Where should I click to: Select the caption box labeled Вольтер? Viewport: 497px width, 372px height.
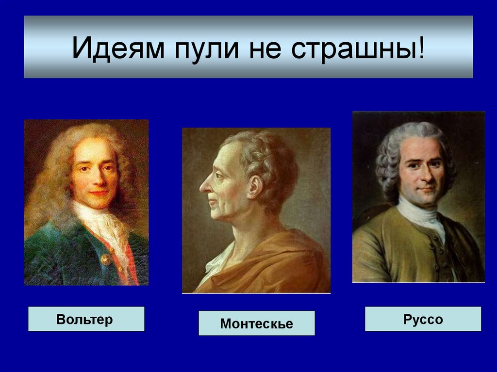(x=86, y=319)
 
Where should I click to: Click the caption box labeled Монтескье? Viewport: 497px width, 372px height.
(x=256, y=323)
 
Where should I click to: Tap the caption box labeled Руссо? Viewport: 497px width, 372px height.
(x=423, y=319)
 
